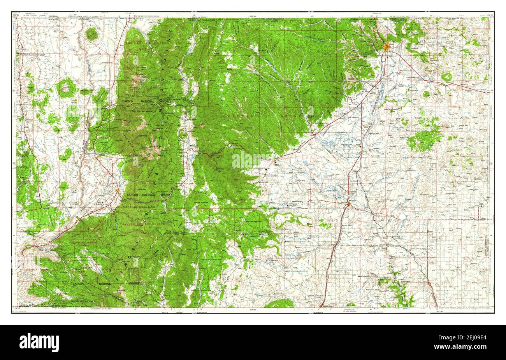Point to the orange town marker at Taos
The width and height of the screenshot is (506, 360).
click(117, 190)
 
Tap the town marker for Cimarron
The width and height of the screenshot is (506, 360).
click(275, 160)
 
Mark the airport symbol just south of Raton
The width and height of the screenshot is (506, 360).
click(372, 94)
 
